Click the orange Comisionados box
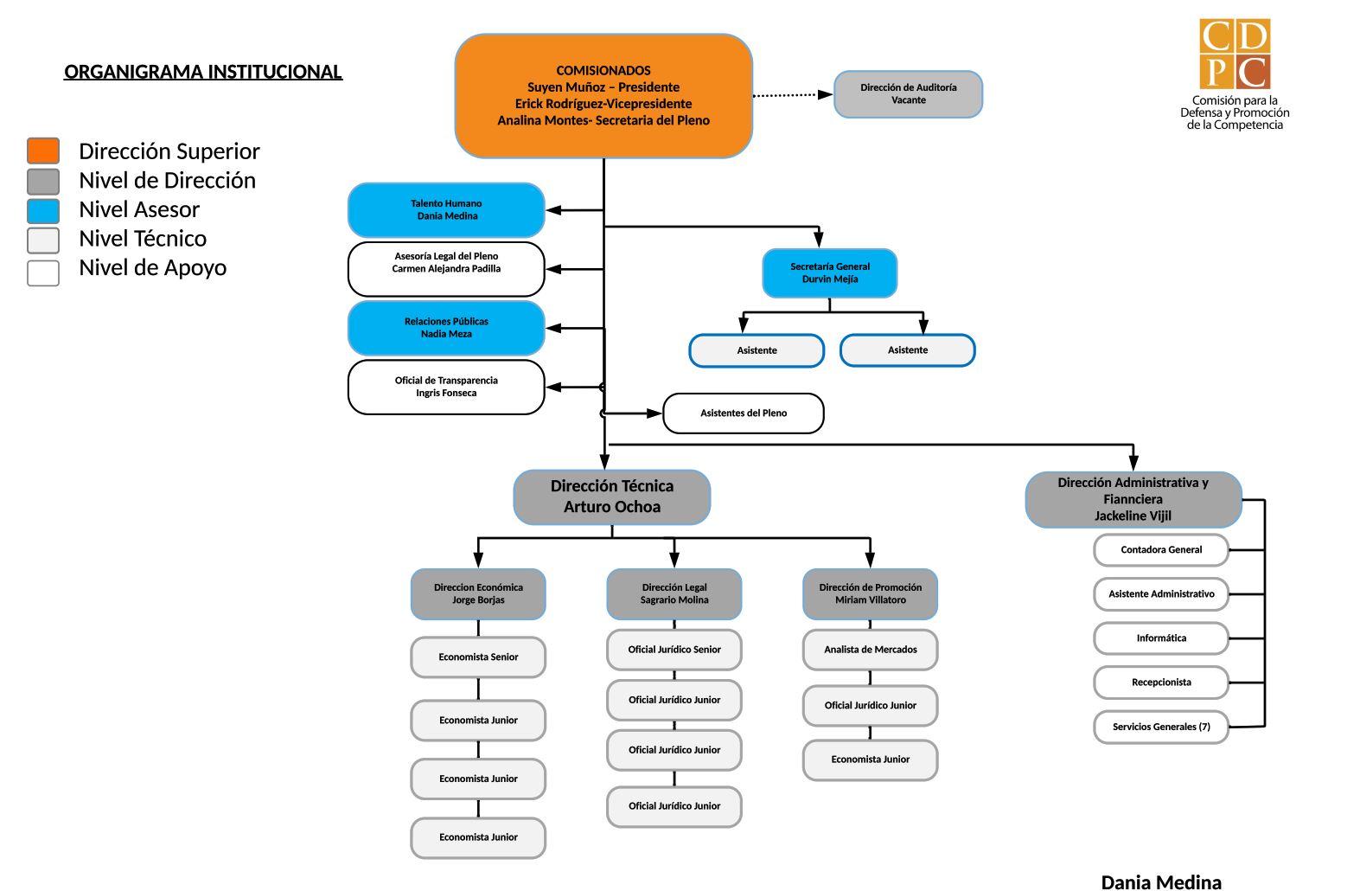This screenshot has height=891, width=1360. click(603, 96)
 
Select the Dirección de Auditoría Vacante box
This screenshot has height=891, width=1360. click(909, 94)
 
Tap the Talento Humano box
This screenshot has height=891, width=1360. click(446, 209)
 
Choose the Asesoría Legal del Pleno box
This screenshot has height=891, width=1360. click(446, 269)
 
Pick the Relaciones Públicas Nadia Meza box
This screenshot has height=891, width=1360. click(446, 328)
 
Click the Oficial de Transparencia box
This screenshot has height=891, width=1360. click(446, 387)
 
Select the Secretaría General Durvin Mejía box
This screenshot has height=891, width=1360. click(829, 272)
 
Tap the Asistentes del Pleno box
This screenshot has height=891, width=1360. click(744, 413)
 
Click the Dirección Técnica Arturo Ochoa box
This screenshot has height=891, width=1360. click(612, 497)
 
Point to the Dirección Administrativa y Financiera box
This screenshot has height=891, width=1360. click(1133, 499)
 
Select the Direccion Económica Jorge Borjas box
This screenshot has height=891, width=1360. click(478, 594)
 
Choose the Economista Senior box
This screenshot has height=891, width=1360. click(478, 657)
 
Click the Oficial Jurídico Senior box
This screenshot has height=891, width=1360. click(674, 650)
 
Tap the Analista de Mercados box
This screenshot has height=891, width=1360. click(870, 650)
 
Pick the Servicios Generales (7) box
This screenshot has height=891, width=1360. click(1161, 727)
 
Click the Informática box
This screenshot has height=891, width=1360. click(1161, 638)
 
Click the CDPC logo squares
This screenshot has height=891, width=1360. click(1235, 54)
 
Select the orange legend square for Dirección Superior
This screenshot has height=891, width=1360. click(43, 151)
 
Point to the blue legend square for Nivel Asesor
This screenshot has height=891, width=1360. click(43, 210)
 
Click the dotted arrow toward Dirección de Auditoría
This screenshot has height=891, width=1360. click(793, 95)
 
